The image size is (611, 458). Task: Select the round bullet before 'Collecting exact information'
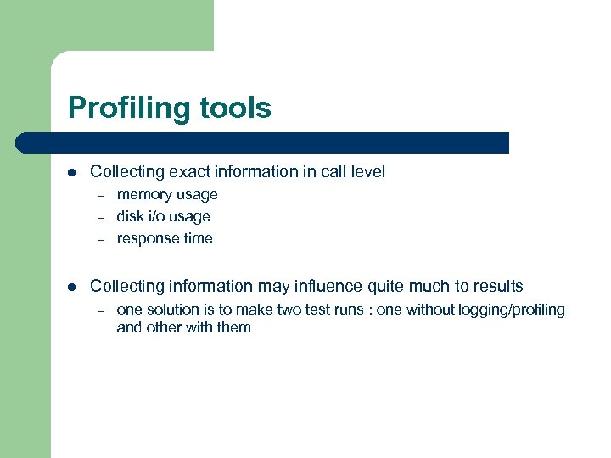[x=73, y=172]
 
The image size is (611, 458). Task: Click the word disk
[x=130, y=216]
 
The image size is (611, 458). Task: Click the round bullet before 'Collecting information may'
[x=73, y=287]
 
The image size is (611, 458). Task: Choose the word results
[x=496, y=287]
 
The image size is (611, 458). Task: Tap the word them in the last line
[x=233, y=327]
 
